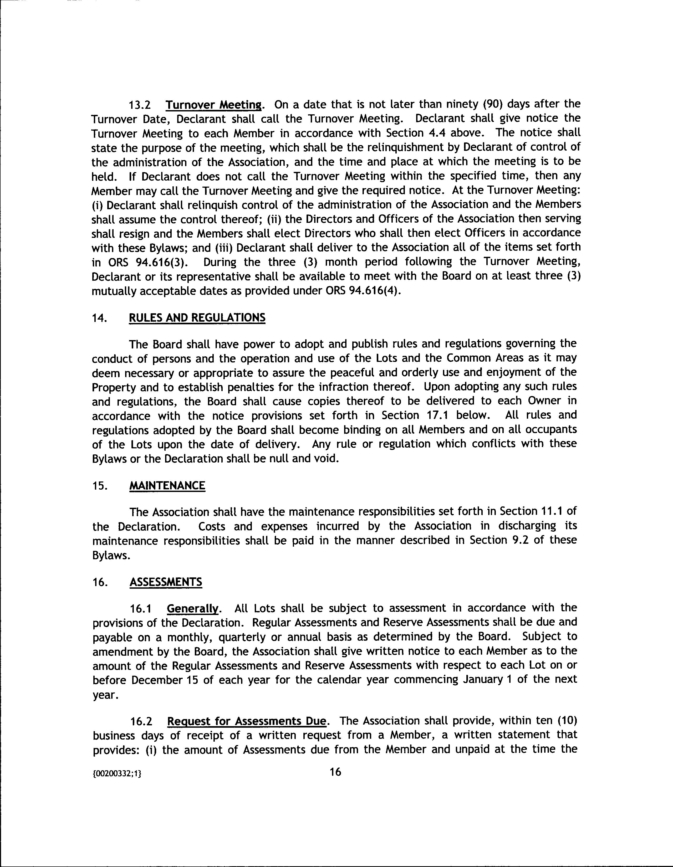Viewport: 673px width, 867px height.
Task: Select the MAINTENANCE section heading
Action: [x=167, y=486]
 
